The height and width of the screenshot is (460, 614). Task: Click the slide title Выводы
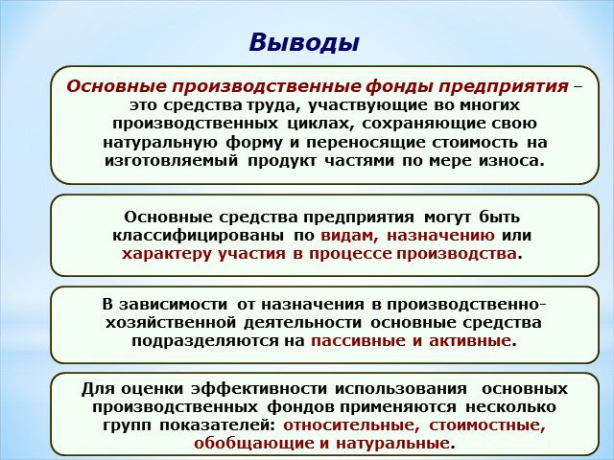tap(304, 42)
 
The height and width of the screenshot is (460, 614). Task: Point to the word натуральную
tap(160, 143)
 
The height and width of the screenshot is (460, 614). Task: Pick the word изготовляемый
tap(172, 161)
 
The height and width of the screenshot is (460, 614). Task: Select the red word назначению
tap(440, 236)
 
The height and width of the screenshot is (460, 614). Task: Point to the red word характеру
tap(165, 254)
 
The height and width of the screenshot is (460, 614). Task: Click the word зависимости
tap(173, 305)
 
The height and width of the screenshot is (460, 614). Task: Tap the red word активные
tap(470, 341)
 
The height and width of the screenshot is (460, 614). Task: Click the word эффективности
tap(259, 389)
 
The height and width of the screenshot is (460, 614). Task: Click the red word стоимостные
tap(487, 425)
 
